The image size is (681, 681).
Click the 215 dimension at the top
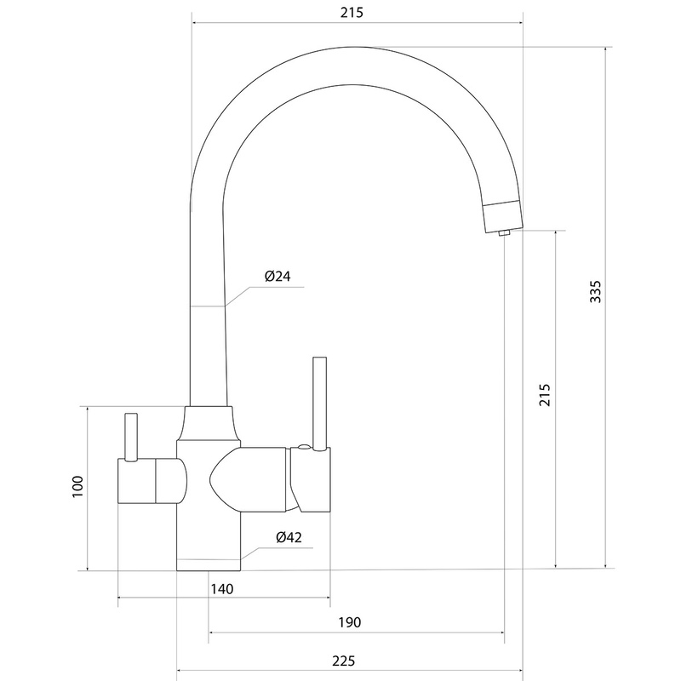coord(352,13)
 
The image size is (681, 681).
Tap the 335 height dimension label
coord(595,291)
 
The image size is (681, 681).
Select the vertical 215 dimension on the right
coord(545,394)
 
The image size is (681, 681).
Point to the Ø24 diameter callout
coord(278,276)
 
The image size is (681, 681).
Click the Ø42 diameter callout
coord(289,537)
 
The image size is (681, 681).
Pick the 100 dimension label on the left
coord(77,486)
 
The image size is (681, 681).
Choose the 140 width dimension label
coord(222,589)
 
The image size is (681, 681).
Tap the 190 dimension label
coord(350,622)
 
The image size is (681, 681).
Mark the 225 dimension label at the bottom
coord(344,661)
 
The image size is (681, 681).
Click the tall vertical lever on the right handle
coord(320,403)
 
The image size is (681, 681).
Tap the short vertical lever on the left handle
coord(131,437)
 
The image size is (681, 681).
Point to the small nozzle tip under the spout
coord(504,233)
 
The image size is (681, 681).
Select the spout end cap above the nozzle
coord(503,216)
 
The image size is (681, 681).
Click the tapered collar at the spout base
coord(209,423)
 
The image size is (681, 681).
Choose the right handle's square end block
coord(311,479)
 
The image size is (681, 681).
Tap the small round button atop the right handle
coord(304,447)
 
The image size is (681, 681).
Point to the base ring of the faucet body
coord(209,564)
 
